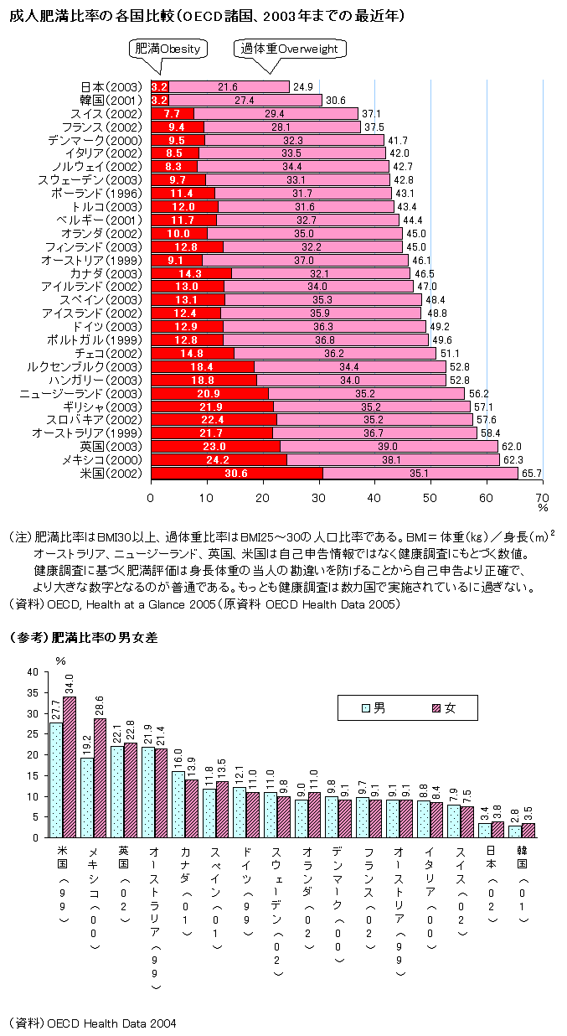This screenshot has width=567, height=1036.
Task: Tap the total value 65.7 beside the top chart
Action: [532, 474]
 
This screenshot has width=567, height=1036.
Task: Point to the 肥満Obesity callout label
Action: [168, 49]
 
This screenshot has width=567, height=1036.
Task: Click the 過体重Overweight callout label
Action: [289, 49]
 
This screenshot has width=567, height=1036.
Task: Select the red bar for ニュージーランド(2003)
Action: [209, 393]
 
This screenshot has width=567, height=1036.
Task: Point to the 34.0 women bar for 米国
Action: [70, 766]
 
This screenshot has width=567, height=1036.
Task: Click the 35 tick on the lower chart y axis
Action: [32, 693]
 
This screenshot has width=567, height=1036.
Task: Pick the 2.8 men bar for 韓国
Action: [514, 831]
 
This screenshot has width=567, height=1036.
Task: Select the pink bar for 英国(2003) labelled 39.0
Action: [389, 446]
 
